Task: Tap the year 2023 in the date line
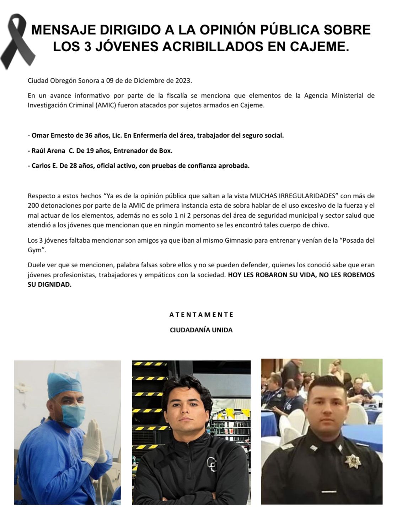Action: [x=183, y=80]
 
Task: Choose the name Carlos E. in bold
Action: [x=44, y=166]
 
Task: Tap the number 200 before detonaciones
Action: [x=33, y=206]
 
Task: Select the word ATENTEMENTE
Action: [x=201, y=315]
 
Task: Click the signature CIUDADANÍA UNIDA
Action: [x=201, y=330]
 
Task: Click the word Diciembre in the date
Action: [x=146, y=80]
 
